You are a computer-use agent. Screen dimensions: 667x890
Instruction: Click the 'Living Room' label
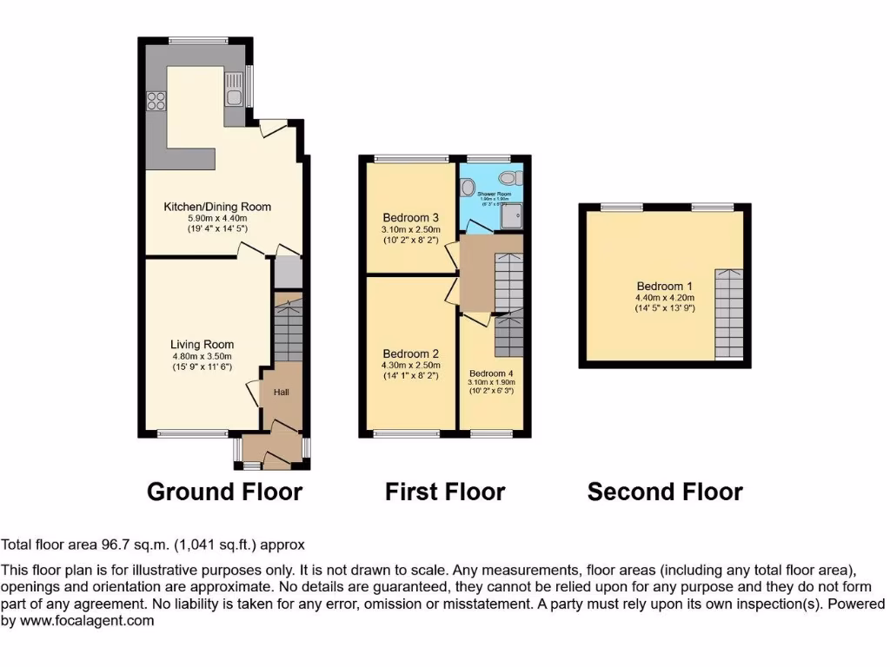[x=202, y=344]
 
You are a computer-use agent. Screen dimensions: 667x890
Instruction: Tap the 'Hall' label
[x=281, y=393]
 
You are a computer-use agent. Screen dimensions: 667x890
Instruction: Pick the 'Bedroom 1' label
[x=665, y=287]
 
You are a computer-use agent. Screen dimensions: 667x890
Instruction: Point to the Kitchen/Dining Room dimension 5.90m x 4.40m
[x=217, y=220]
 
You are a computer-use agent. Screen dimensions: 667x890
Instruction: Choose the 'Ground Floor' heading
[x=224, y=492]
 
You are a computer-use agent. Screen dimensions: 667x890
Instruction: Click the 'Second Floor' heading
[x=665, y=492]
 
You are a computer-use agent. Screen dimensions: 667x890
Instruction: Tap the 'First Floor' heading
[x=445, y=492]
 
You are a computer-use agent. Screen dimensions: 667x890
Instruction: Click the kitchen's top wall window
[x=197, y=40]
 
